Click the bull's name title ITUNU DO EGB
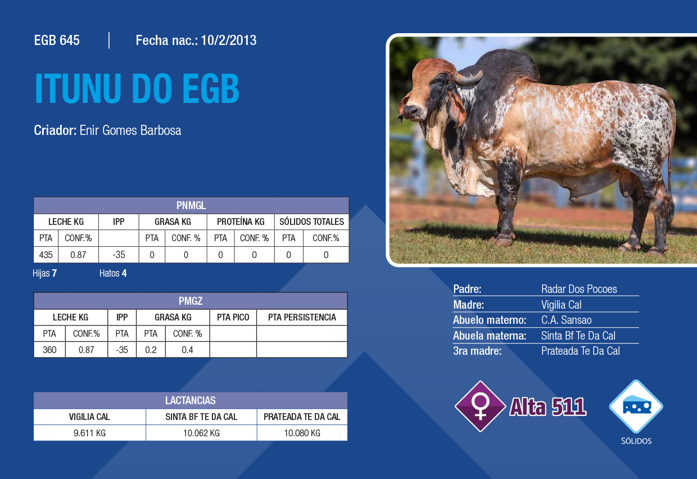137,88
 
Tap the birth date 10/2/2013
229,40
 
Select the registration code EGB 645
57,40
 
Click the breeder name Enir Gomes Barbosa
130,130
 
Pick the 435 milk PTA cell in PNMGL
46,255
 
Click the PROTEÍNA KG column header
241,222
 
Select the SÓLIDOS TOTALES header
311,222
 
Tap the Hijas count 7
55,273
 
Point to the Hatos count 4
124,273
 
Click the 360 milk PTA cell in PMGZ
49,350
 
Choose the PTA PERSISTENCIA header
302,317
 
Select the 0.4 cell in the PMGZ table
187,350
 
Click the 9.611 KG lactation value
89,433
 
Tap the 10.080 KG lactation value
302,433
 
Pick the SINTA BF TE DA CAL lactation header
201,417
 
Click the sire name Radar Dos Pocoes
579,289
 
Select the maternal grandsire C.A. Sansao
567,320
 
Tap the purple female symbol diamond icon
481,406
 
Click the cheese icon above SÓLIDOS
636,406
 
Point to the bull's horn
468,79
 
